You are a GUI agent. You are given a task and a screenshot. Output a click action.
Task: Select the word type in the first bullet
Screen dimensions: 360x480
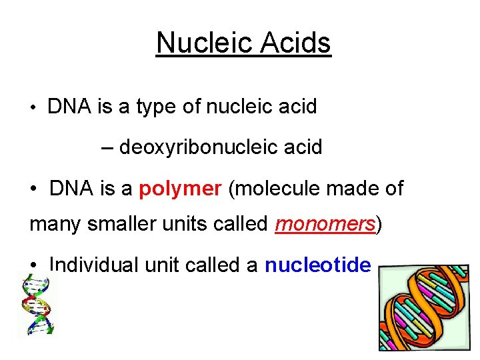click(157, 107)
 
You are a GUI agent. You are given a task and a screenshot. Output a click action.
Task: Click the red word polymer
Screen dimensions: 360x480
click(180, 189)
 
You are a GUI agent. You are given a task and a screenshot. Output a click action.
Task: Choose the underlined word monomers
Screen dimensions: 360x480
click(325, 225)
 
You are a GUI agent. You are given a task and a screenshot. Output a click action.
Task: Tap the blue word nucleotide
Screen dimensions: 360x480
click(318, 265)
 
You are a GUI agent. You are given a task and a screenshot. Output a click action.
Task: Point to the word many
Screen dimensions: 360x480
click(53, 225)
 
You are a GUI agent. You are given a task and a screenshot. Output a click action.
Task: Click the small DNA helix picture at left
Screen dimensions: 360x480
click(38, 305)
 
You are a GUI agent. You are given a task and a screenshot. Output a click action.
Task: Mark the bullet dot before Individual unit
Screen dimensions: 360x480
click(33, 265)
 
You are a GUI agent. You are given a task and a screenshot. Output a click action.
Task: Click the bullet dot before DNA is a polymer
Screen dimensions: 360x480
click(33, 189)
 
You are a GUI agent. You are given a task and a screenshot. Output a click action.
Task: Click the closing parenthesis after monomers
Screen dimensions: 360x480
click(379, 225)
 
